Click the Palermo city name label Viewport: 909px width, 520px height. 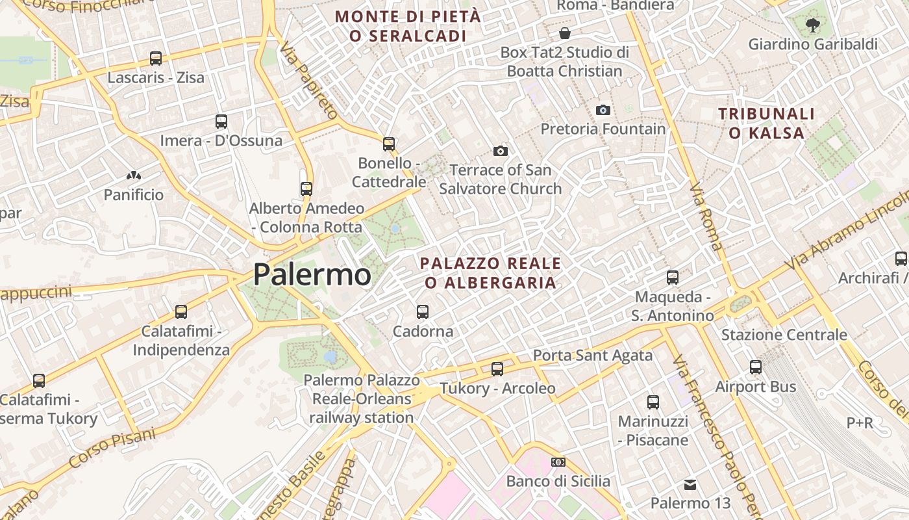(x=312, y=274)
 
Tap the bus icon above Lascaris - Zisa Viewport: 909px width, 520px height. (x=156, y=58)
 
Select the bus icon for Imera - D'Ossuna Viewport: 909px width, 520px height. (x=221, y=121)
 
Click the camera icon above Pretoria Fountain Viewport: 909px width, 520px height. (x=603, y=110)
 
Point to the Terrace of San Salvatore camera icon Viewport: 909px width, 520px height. (x=500, y=151)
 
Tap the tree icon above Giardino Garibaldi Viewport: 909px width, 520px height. (x=812, y=25)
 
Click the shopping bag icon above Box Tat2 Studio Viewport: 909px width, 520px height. (x=565, y=33)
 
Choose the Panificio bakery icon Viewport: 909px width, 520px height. (x=134, y=175)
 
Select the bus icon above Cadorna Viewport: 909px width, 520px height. (x=423, y=312)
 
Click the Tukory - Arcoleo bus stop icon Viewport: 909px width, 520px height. (x=497, y=369)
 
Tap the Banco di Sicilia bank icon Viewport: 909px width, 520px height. (x=558, y=462)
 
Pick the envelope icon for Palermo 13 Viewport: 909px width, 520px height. (x=690, y=484)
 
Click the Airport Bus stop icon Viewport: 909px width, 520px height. (x=756, y=367)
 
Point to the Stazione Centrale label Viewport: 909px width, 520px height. (x=784, y=335)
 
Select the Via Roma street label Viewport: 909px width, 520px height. (x=706, y=216)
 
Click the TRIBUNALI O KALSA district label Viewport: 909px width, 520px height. (x=766, y=123)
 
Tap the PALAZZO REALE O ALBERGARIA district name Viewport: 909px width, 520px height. (x=490, y=273)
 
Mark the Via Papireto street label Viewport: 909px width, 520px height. (x=309, y=81)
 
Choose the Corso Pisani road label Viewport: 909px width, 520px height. (x=112, y=448)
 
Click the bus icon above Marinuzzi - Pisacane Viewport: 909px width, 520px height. (x=653, y=402)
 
